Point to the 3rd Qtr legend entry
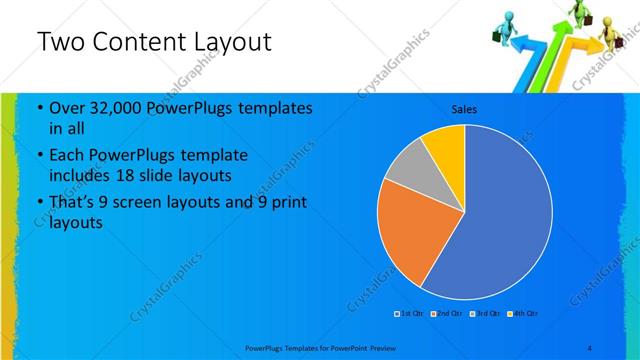[484, 314]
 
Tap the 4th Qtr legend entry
[522, 314]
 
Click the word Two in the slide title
[60, 42]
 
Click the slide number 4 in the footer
[590, 347]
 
